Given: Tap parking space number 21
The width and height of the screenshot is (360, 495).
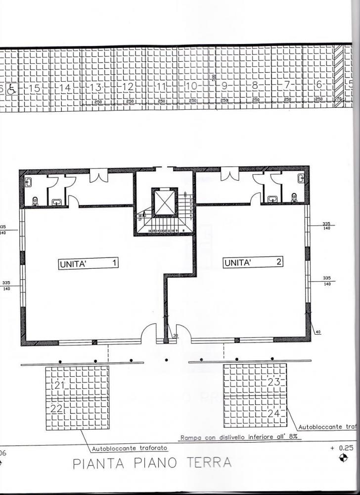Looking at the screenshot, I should pos(60,385).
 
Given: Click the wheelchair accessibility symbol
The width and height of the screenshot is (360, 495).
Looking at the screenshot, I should pos(12,90).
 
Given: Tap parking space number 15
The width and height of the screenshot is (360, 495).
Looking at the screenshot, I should pos(35,88).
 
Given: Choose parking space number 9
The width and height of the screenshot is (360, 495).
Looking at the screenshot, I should pos(224,86).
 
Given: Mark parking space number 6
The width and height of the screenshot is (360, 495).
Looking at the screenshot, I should pos(319,85).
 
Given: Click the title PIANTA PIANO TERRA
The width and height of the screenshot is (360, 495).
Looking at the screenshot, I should pos(152,463).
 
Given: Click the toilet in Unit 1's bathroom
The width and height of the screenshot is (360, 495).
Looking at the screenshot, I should pos(35,200).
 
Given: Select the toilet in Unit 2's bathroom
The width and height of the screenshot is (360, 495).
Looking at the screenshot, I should pos(294,198).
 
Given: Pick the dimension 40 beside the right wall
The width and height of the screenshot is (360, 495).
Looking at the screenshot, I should pos(317,332).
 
